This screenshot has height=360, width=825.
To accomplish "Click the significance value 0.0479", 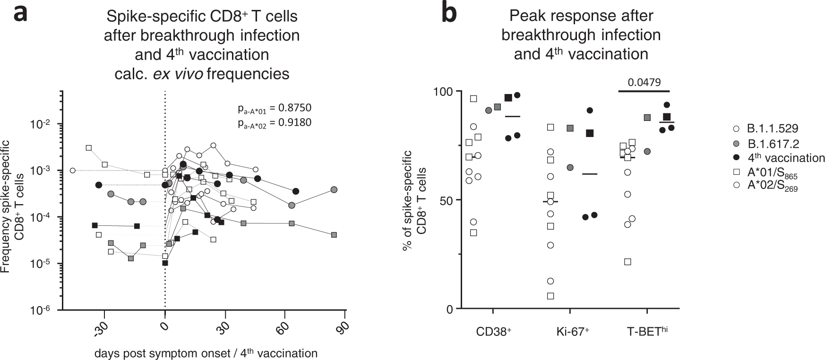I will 644,82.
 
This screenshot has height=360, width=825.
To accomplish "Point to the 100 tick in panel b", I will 444,91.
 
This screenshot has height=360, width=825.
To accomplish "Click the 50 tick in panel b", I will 447,200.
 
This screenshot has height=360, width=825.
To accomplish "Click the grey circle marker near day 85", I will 334,189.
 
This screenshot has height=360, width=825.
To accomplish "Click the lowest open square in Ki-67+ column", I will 550,296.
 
